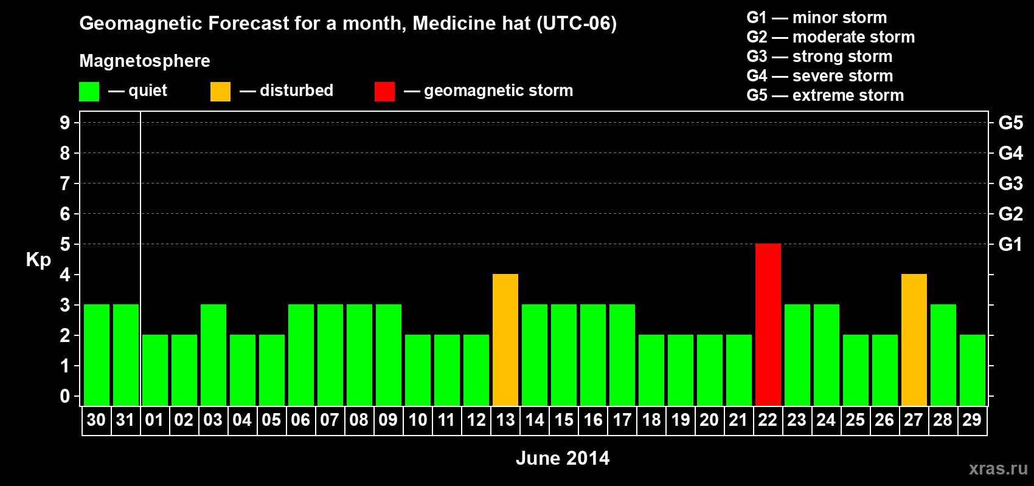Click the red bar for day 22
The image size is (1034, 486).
(x=768, y=324)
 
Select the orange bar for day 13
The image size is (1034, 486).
(x=505, y=340)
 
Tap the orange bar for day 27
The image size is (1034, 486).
(x=914, y=340)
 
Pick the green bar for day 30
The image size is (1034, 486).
(x=97, y=355)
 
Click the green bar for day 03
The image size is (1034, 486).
(x=213, y=355)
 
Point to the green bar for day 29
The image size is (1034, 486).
(x=972, y=370)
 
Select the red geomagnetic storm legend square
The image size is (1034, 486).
(x=384, y=92)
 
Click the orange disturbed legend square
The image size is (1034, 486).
(x=220, y=92)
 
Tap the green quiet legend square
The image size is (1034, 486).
(x=89, y=92)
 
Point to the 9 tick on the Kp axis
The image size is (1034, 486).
(x=65, y=123)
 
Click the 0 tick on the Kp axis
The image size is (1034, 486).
(x=65, y=396)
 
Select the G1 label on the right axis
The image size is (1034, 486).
(x=1010, y=244)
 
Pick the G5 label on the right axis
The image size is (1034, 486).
(x=1010, y=123)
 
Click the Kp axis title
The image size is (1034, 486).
(x=38, y=260)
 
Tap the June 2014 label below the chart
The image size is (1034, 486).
(x=563, y=458)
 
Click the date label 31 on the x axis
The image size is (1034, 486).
(x=125, y=420)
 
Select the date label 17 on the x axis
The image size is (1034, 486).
(x=622, y=420)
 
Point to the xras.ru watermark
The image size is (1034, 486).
(x=998, y=468)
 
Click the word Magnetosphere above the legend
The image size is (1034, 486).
(x=145, y=61)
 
